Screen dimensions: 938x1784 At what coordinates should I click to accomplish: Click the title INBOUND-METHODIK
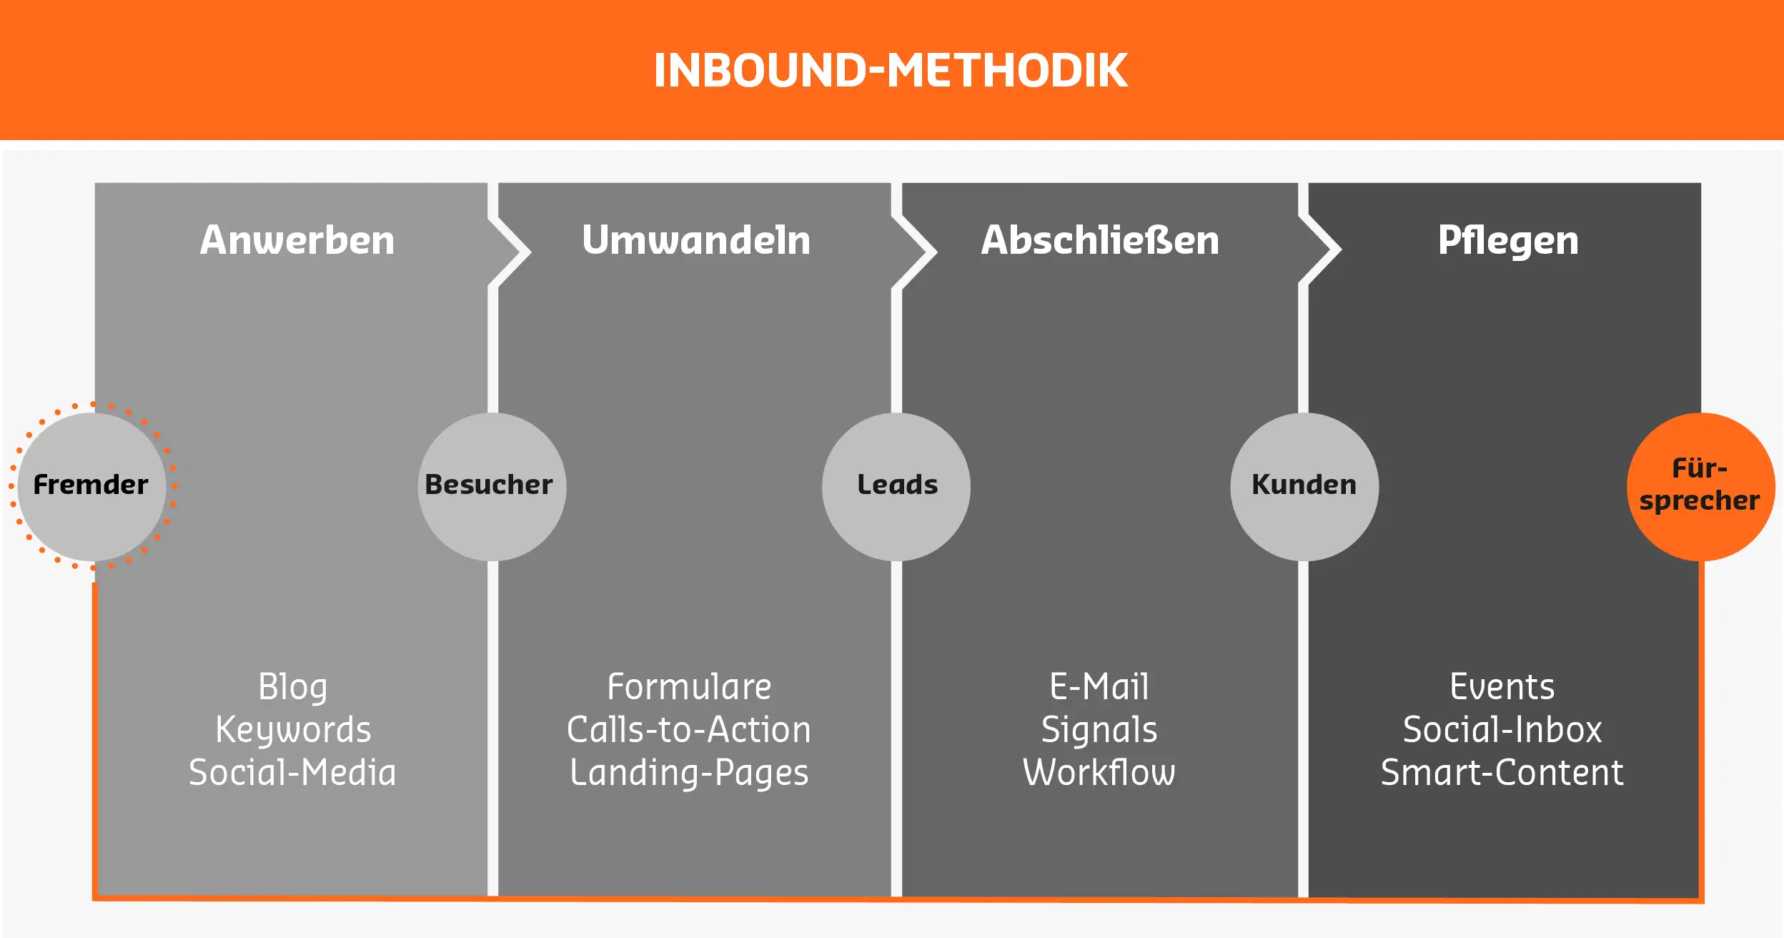891,70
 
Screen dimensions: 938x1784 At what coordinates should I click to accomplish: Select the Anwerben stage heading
297,240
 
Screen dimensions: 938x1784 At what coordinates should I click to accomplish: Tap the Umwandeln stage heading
696,240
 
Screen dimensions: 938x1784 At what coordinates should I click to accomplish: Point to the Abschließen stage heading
1099,240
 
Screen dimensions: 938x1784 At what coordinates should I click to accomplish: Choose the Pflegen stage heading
1508,241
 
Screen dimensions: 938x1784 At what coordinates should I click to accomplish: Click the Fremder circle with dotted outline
91,486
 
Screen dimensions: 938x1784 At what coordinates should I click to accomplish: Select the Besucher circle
492,486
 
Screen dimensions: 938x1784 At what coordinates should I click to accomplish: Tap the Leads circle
896,486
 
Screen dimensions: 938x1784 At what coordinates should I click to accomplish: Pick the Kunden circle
1304,486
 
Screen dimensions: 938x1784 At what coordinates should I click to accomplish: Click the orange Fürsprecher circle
1700,486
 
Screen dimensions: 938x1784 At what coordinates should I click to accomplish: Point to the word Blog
292,687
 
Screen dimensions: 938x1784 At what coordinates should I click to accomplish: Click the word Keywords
293,730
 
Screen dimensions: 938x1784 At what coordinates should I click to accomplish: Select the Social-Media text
292,773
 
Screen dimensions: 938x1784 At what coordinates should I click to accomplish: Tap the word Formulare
689,687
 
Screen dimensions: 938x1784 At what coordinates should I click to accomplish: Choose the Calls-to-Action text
689,730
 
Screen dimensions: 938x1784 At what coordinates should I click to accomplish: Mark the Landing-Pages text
689,773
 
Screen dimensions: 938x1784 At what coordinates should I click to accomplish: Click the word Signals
1099,730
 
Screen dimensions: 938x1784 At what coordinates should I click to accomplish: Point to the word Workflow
1099,773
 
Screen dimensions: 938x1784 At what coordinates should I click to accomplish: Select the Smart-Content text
1502,773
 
